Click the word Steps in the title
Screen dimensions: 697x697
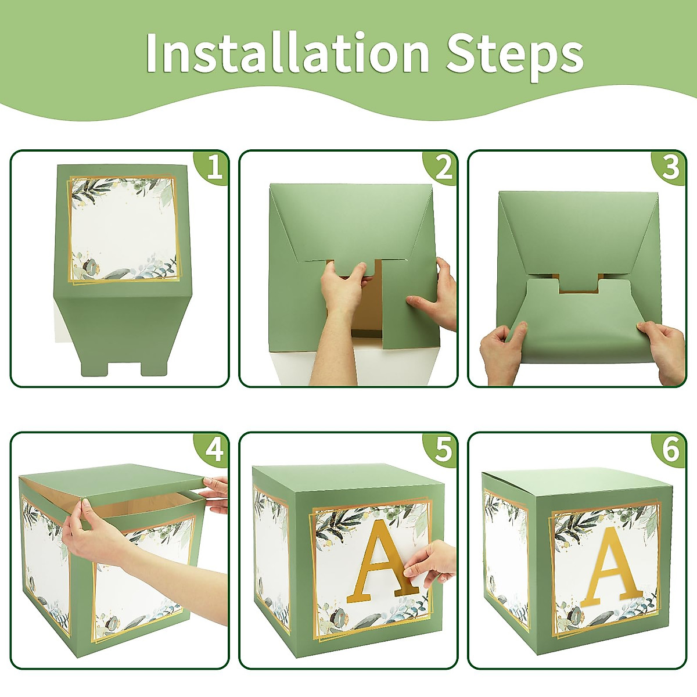pyautogui.click(x=514, y=53)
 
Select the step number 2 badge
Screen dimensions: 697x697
pyautogui.click(x=443, y=168)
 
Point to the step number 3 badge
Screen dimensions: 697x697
pyautogui.click(x=671, y=168)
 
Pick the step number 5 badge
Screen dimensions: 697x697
pyautogui.click(x=443, y=450)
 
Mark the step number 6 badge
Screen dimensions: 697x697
pyautogui.click(x=671, y=450)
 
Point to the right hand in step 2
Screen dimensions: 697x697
pyautogui.click(x=433, y=296)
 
